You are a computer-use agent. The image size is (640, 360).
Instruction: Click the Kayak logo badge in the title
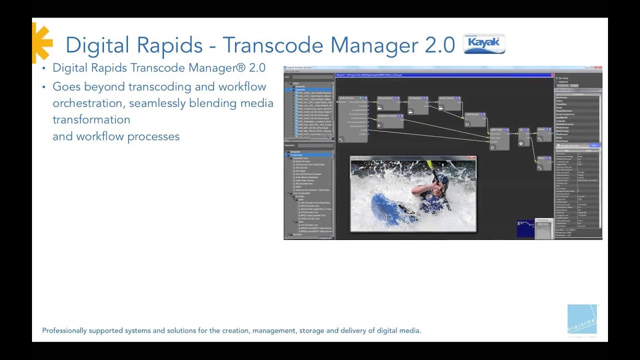coord(484,44)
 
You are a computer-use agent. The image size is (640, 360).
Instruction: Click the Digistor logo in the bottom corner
coord(582,319)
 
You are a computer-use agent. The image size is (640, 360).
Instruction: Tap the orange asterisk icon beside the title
coord(42,42)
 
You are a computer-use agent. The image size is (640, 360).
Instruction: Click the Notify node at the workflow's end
coord(543,162)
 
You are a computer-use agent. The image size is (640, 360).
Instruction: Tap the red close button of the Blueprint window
coord(552,75)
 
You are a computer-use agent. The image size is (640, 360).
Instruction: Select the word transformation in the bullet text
coord(91,120)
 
